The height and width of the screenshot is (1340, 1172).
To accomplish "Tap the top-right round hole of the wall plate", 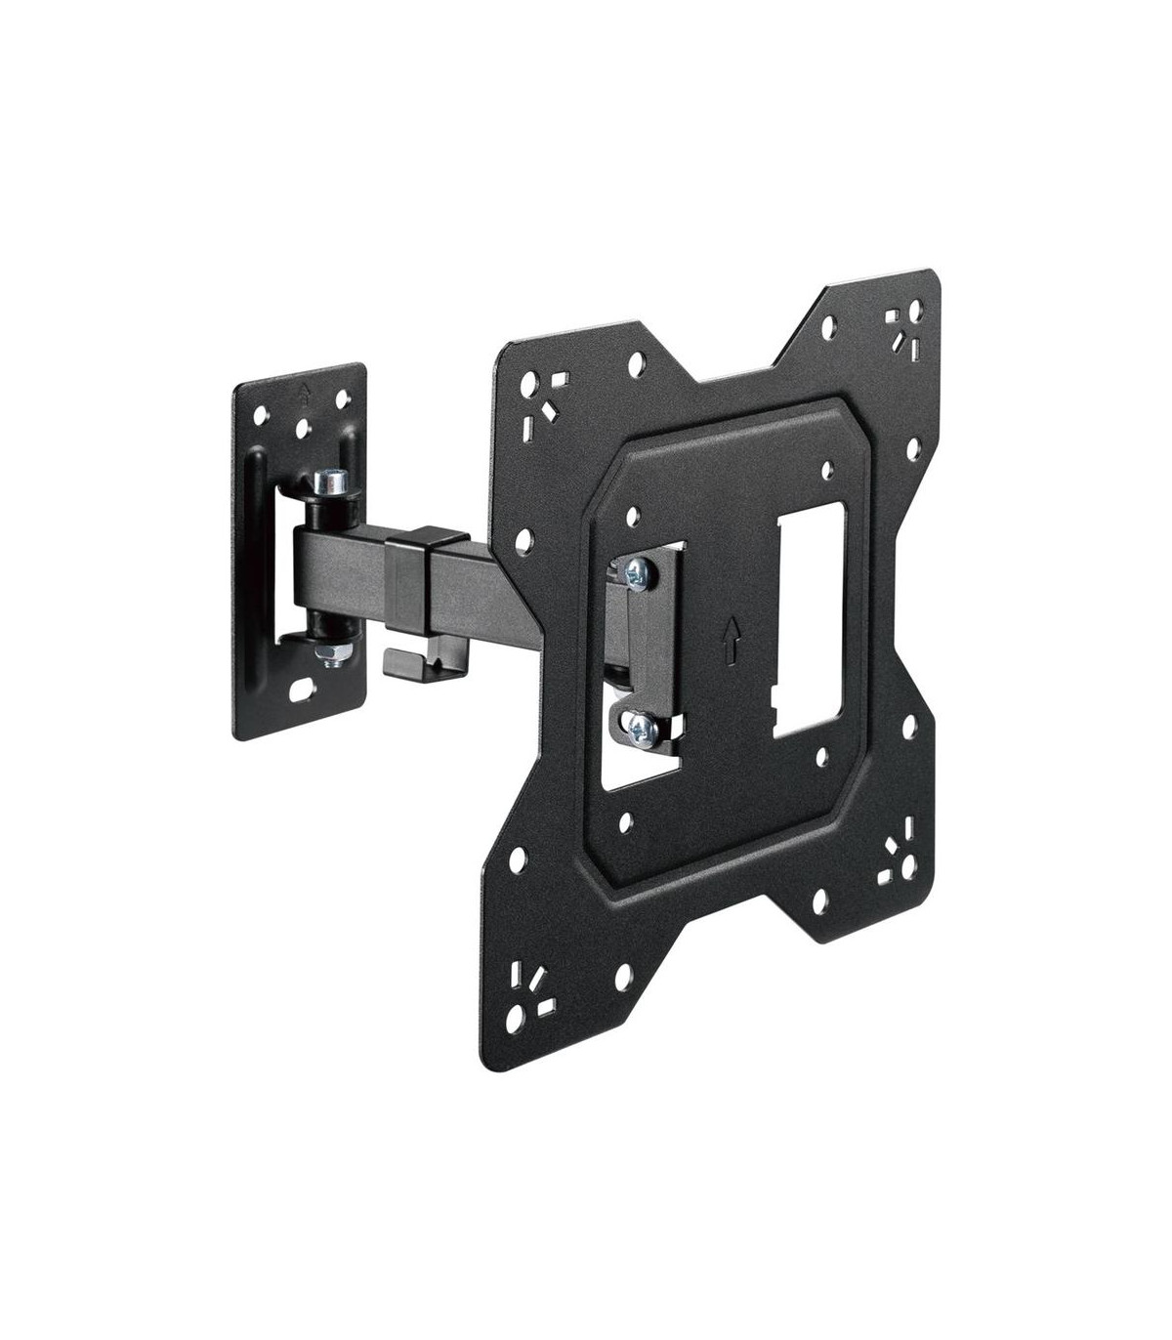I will pyautogui.click(x=343, y=399).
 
